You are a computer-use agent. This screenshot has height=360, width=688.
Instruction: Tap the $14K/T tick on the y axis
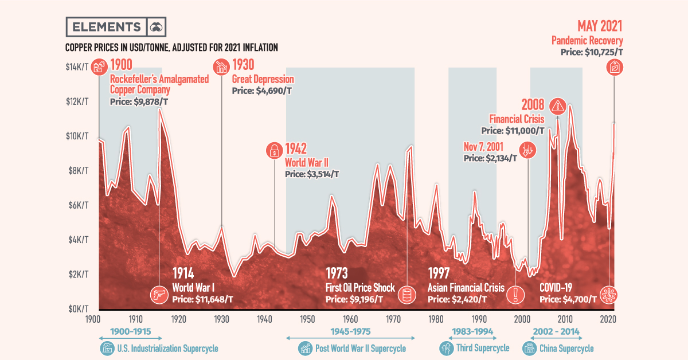(x=77, y=68)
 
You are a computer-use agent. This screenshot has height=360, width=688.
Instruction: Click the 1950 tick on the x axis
(x=306, y=319)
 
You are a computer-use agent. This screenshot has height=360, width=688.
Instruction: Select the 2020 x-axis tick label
(x=608, y=319)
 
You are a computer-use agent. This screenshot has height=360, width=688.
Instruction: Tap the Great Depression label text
(x=263, y=80)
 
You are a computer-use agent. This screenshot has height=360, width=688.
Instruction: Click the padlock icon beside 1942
(x=275, y=151)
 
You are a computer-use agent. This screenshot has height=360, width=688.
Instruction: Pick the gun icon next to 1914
(x=158, y=295)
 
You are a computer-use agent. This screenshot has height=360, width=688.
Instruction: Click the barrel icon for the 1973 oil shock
(x=406, y=295)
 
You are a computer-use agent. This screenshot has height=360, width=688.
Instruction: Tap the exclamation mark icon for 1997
(x=516, y=295)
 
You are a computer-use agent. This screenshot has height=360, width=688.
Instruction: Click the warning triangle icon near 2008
(x=557, y=105)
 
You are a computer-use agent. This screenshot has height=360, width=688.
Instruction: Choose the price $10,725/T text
(x=592, y=52)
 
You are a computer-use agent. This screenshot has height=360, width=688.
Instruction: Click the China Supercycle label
(x=566, y=348)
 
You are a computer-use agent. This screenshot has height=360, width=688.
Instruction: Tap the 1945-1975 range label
(x=350, y=331)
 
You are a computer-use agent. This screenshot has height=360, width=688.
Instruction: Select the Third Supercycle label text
(x=482, y=348)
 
